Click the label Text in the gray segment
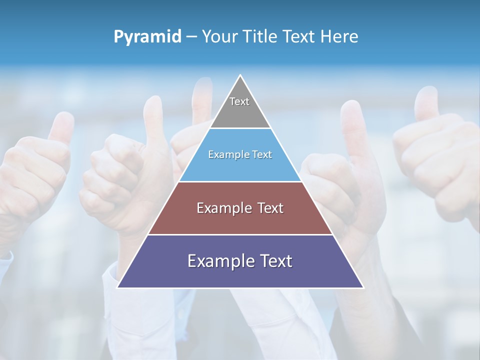click(x=239, y=101)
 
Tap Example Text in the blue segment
click(x=240, y=154)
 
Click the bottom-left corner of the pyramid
click(x=118, y=287)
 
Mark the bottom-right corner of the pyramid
click(x=363, y=287)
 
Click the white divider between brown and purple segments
click(x=240, y=234)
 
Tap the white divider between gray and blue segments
click(x=240, y=128)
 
